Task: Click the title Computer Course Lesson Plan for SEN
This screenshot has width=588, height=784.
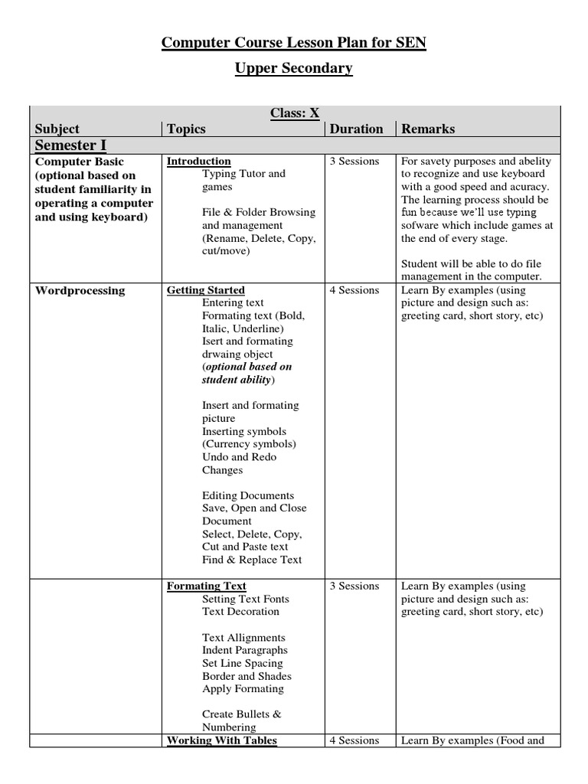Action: click(293, 44)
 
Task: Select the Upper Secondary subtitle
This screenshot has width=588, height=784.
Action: click(293, 68)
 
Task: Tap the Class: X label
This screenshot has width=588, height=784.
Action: click(294, 113)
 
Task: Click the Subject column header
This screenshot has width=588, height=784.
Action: click(57, 129)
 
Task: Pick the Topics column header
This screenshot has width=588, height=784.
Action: click(186, 129)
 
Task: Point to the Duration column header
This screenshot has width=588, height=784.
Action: click(356, 129)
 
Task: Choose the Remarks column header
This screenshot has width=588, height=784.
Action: click(428, 129)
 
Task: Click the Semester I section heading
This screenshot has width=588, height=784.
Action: click(70, 145)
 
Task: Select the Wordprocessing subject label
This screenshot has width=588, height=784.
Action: click(80, 290)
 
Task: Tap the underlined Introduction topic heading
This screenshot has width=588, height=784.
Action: click(198, 161)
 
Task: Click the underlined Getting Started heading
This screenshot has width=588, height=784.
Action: click(205, 290)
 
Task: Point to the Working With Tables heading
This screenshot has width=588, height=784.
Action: click(221, 740)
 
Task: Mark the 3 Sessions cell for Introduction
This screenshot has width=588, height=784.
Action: click(354, 161)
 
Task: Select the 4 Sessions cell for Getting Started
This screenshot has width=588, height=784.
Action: click(354, 290)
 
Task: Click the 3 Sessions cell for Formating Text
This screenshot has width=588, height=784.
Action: click(354, 586)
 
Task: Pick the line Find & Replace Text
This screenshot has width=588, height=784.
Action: click(252, 560)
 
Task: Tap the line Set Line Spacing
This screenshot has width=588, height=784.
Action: click(242, 663)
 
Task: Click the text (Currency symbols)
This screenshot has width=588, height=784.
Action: click(249, 444)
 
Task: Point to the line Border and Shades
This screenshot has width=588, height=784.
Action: click(247, 676)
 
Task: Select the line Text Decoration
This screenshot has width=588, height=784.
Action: click(240, 612)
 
